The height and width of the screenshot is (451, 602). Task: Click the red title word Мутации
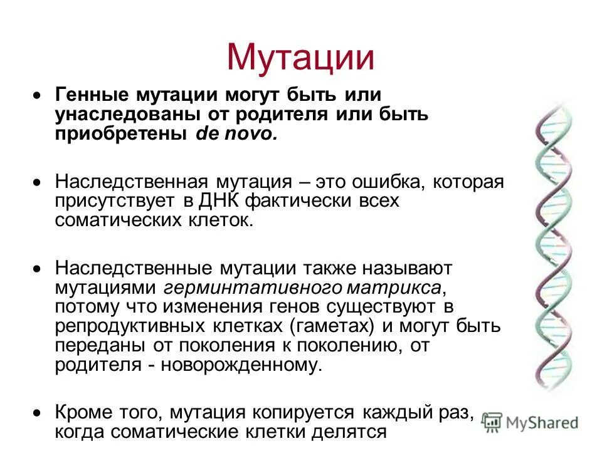point(300,57)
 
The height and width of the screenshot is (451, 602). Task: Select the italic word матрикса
point(394,288)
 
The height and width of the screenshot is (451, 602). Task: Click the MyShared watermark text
point(542,423)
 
